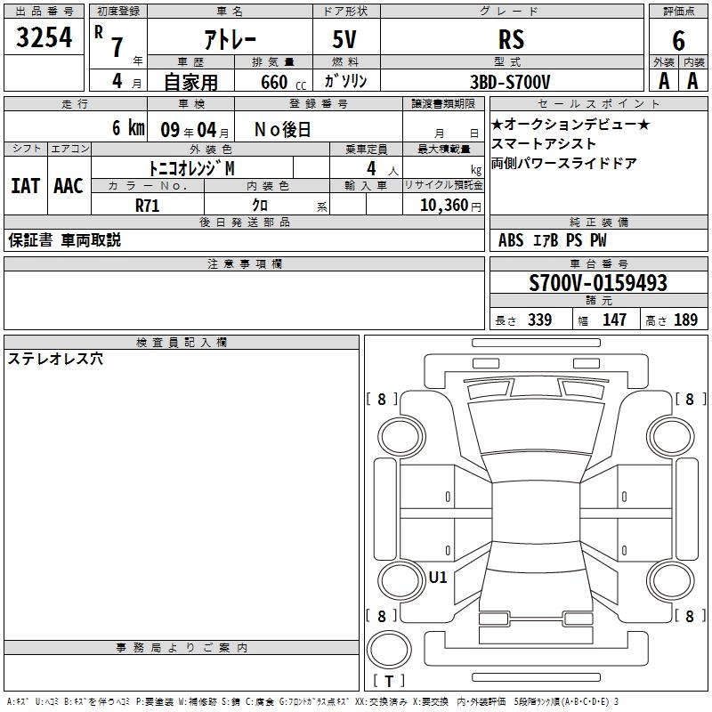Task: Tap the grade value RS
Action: (x=511, y=39)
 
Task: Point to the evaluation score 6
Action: (x=678, y=39)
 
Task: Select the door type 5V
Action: (x=344, y=39)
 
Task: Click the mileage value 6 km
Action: (x=128, y=128)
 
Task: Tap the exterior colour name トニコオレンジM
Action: (x=191, y=167)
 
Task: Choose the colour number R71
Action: (x=147, y=205)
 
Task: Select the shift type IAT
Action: (x=25, y=186)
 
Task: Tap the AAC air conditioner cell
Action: (x=69, y=186)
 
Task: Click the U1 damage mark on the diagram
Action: (x=437, y=577)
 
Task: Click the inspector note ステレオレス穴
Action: (x=55, y=359)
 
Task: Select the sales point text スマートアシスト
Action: (x=544, y=144)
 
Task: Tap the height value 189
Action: (x=685, y=320)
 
